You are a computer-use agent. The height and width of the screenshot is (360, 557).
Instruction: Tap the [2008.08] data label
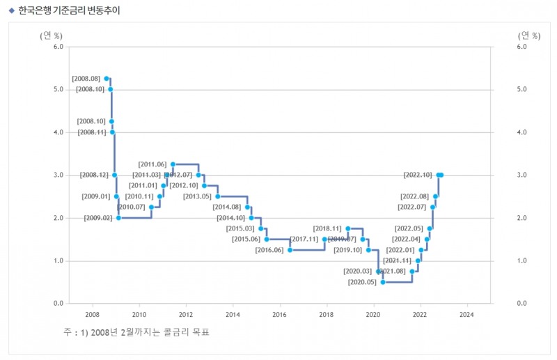(x=86, y=79)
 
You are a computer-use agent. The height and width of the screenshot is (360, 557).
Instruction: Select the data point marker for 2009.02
(x=118, y=218)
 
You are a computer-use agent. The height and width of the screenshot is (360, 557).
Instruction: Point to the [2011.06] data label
(x=152, y=164)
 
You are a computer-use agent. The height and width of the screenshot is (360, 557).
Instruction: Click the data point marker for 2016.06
(x=290, y=250)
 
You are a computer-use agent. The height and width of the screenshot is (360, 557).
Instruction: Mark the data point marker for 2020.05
(x=383, y=282)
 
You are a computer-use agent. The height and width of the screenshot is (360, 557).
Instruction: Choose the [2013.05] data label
(x=197, y=196)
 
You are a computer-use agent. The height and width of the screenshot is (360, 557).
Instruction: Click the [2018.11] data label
(x=327, y=228)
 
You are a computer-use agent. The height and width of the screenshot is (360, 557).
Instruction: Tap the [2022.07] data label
(x=411, y=207)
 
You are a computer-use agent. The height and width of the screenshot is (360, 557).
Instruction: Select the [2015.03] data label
(x=240, y=228)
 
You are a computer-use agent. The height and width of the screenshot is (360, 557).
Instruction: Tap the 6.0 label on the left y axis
(x=58, y=47)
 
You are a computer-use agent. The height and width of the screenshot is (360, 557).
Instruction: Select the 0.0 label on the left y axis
(x=58, y=304)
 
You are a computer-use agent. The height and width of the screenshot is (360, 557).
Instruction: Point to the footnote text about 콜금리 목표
(x=136, y=332)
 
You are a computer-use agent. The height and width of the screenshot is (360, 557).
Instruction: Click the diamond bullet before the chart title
(x=11, y=10)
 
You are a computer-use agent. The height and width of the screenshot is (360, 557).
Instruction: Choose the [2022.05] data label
(x=409, y=228)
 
